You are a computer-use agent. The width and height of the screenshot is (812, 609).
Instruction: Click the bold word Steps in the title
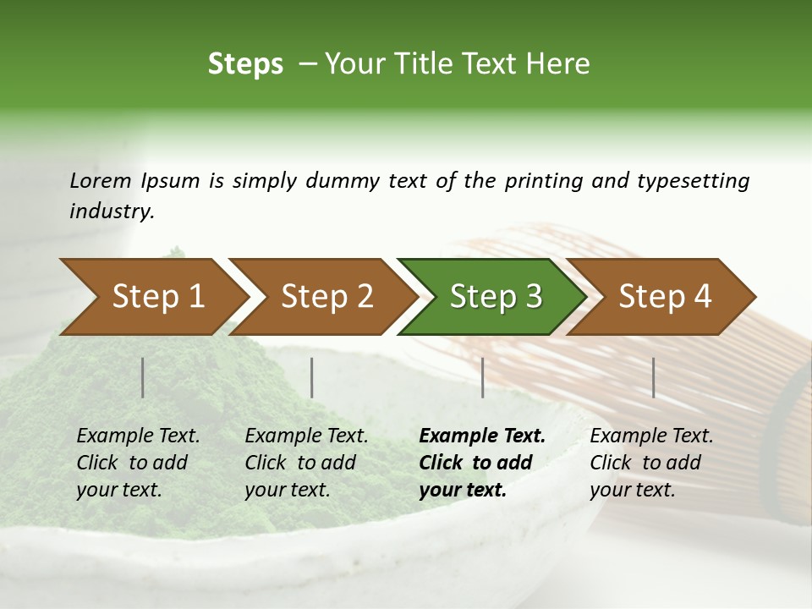[245, 64]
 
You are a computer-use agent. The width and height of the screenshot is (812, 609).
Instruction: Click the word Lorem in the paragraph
[101, 181]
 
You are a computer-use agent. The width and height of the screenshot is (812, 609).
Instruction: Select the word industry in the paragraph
[111, 211]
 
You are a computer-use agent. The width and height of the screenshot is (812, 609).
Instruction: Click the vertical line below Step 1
[143, 377]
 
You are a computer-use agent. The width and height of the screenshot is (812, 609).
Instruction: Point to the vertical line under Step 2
[312, 377]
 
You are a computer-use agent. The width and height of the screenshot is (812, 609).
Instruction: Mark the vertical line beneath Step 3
[483, 377]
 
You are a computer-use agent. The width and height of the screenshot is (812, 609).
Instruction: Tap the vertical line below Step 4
[654, 377]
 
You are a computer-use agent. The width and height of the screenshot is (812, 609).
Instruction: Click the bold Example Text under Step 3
[482, 436]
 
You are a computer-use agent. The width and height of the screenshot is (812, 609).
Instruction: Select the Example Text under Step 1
[138, 436]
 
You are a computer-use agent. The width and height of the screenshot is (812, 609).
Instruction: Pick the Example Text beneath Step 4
[651, 436]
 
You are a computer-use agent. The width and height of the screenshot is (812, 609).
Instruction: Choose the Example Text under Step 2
[306, 436]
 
